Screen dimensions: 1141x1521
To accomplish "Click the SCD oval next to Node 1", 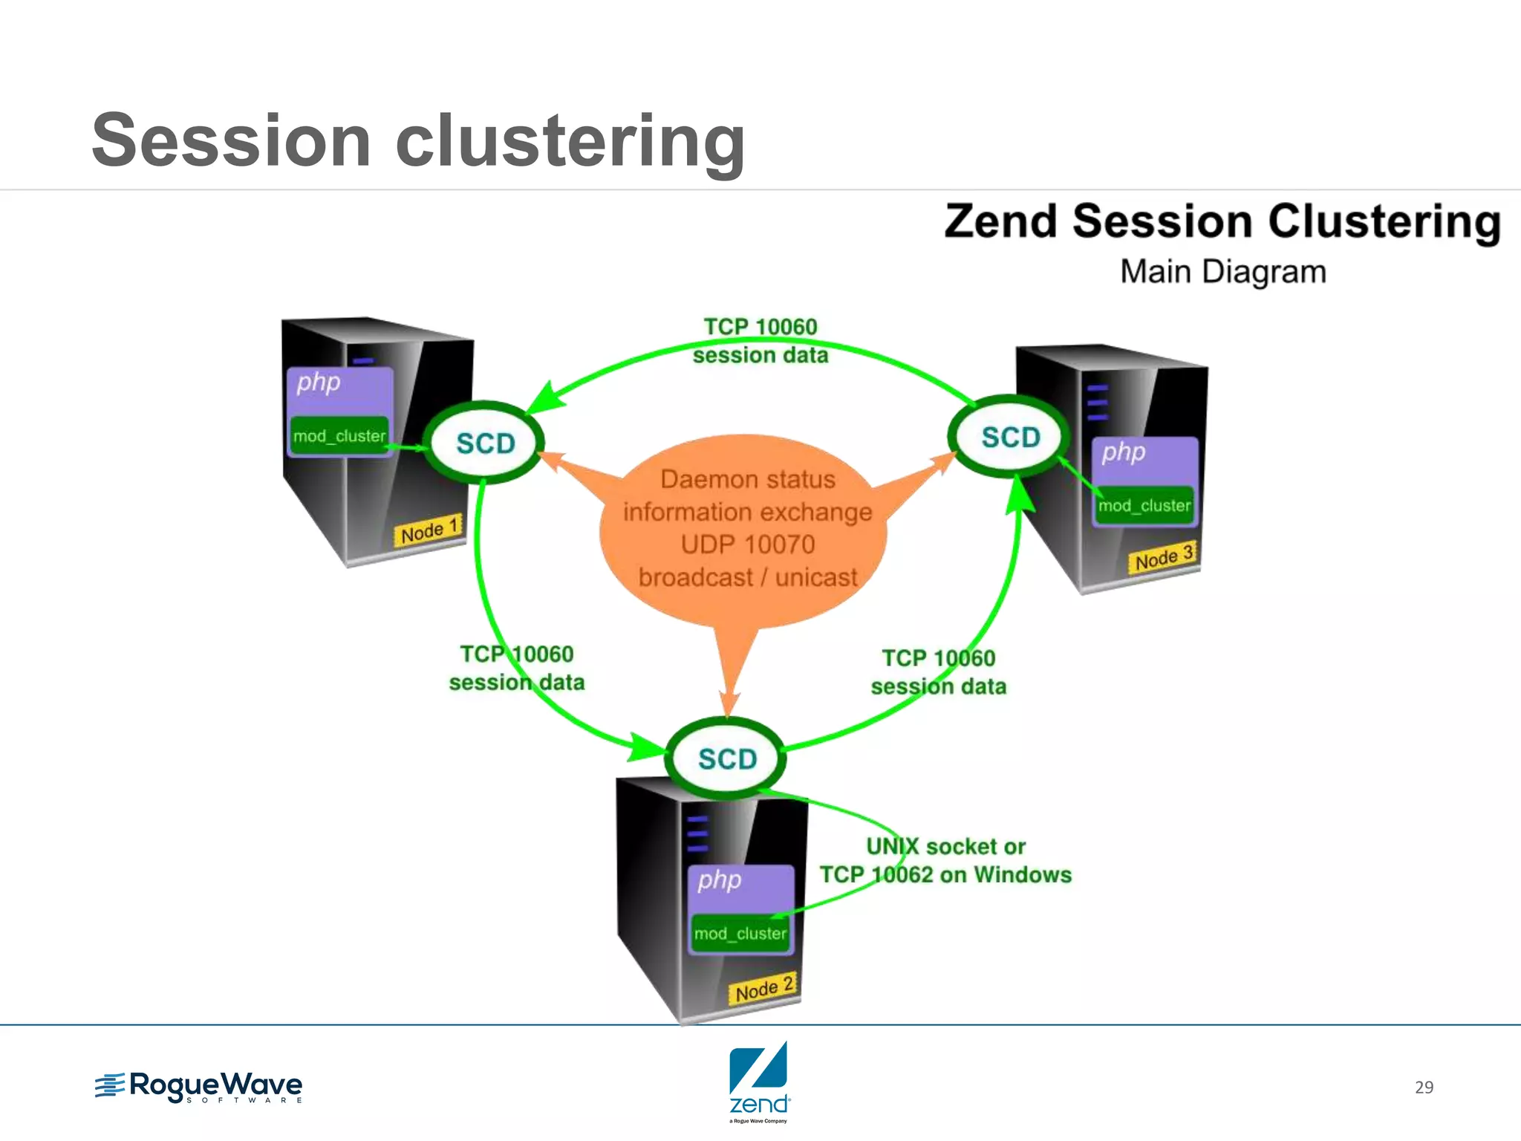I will (x=485, y=443).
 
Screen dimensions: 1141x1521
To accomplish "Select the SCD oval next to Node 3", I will (x=1010, y=437).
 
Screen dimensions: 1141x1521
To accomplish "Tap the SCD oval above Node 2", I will (x=727, y=758).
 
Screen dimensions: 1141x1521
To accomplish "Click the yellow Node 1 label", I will (x=429, y=530).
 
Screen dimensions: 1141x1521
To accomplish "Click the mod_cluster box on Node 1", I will (x=339, y=436).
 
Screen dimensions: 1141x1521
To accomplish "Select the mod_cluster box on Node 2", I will (x=740, y=934).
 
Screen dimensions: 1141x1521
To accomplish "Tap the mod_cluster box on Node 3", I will (x=1144, y=506).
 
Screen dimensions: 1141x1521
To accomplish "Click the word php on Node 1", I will (x=318, y=383).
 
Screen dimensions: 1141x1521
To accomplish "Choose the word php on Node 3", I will (x=1123, y=452).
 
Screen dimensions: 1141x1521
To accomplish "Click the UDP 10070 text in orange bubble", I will (x=747, y=545).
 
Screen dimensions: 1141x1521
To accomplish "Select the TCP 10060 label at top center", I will (x=760, y=327).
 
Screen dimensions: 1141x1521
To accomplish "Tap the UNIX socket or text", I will (x=945, y=846).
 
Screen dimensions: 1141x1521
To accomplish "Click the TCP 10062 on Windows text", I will (x=945, y=875).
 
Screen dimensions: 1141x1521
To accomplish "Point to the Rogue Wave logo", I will (x=198, y=1087).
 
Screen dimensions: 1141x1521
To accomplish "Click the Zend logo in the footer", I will (x=758, y=1082).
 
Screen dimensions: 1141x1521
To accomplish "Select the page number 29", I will (x=1423, y=1088).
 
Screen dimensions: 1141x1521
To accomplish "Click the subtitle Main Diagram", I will (x=1222, y=272).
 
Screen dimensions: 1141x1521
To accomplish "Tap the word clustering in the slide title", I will (x=570, y=141).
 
